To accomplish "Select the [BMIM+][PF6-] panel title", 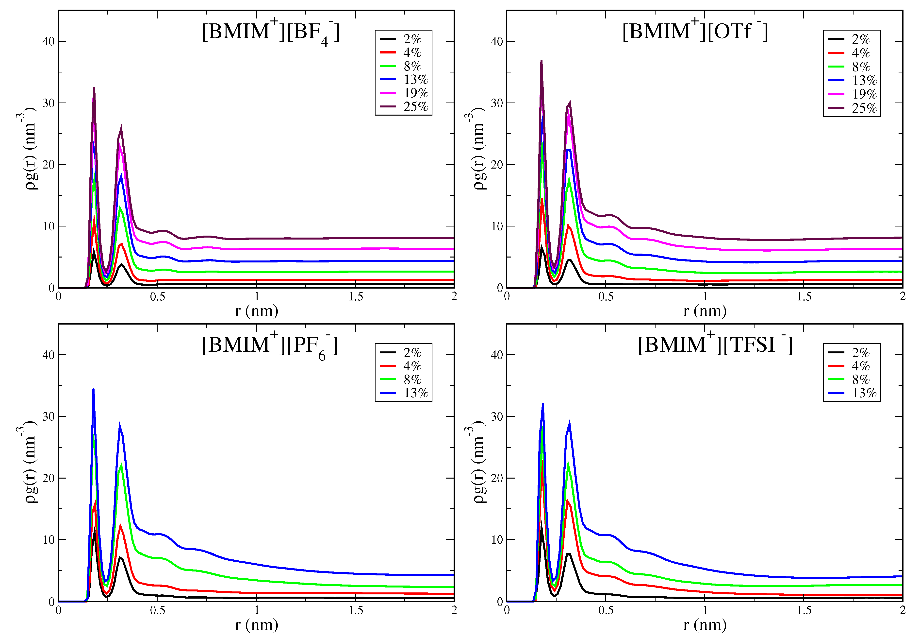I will pos(269,345).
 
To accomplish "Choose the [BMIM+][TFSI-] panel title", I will pos(715,345).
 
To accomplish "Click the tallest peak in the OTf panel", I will pos(541,61).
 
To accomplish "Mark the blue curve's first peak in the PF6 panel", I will pos(93,389).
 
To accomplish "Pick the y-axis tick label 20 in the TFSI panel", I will pos(497,478).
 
